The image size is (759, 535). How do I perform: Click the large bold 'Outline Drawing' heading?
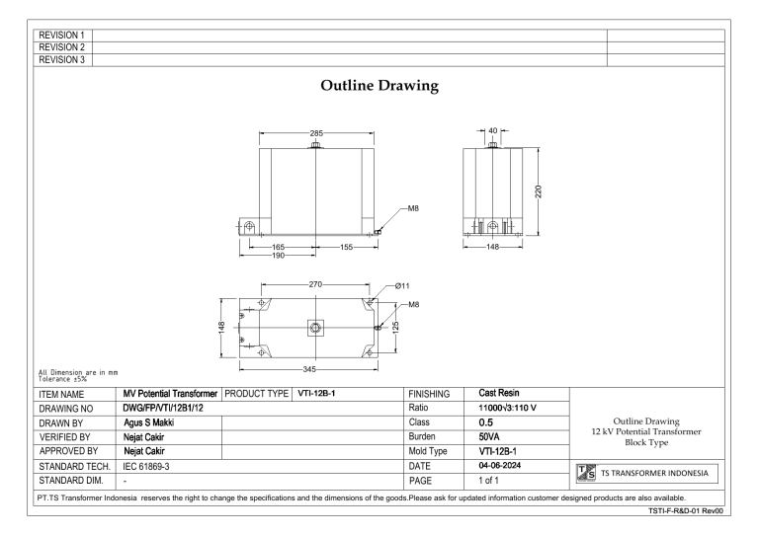[379, 87]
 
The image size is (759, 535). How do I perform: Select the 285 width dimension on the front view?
[314, 133]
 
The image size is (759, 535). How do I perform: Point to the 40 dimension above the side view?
[493, 129]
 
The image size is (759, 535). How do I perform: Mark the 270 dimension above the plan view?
[314, 284]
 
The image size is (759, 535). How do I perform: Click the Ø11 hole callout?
[402, 286]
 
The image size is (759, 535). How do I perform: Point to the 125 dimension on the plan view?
[396, 326]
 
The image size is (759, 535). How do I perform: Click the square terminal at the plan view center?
[314, 327]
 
